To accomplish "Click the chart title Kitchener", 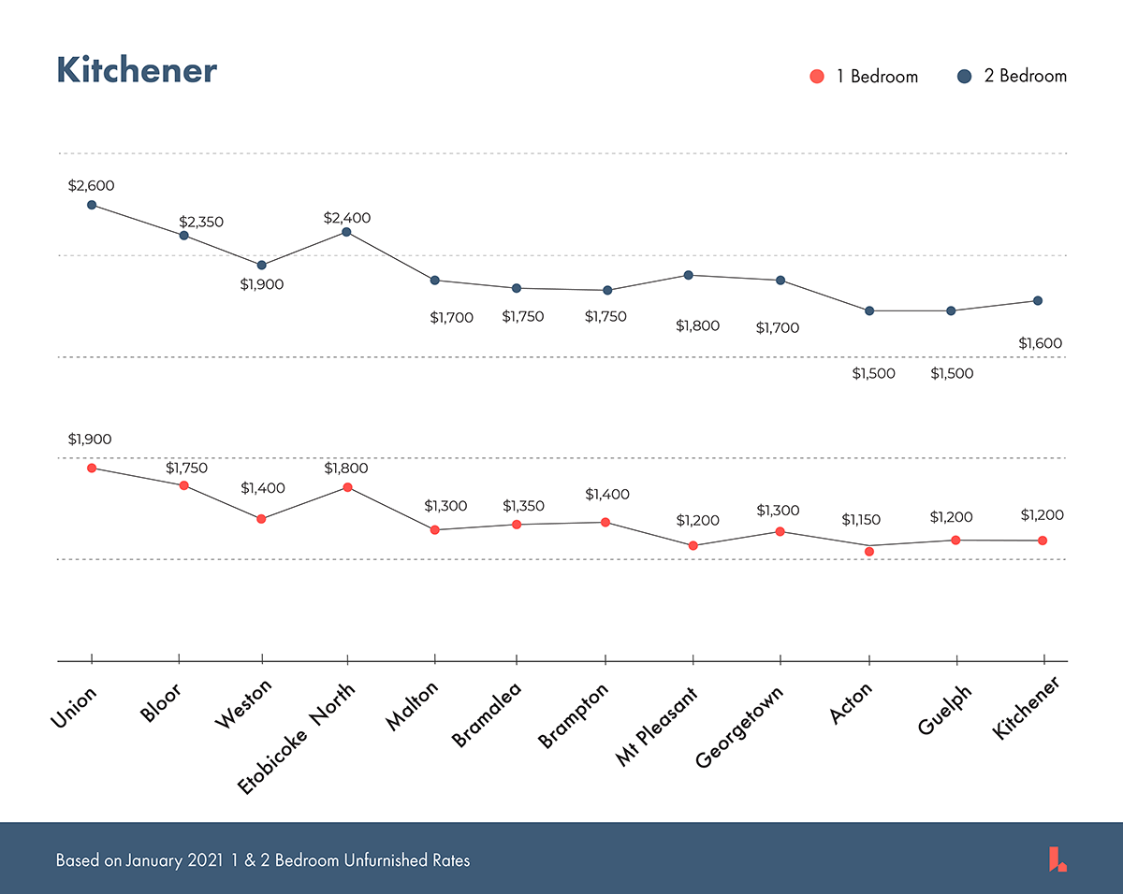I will pyautogui.click(x=137, y=71).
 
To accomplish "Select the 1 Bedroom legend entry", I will pyautogui.click(x=864, y=77).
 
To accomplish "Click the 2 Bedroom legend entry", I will pyautogui.click(x=1012, y=77).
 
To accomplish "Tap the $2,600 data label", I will pyautogui.click(x=91, y=186).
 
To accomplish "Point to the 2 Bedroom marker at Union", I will pyautogui.click(x=92, y=205).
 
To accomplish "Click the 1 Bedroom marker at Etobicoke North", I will pyautogui.click(x=347, y=487).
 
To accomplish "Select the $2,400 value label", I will pyautogui.click(x=347, y=218).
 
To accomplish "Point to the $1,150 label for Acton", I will pyautogui.click(x=862, y=520).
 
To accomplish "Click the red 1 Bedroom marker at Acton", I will pyautogui.click(x=869, y=552).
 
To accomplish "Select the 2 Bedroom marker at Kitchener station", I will pyautogui.click(x=1038, y=300).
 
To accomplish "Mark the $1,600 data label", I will pyautogui.click(x=1041, y=343).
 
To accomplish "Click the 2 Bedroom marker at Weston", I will pyautogui.click(x=262, y=266).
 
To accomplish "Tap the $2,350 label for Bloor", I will pyautogui.click(x=201, y=223).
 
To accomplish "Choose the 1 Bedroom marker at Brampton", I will pyautogui.click(x=605, y=522).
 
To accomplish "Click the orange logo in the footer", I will pyautogui.click(x=1057, y=858).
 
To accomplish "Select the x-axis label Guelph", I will pyautogui.click(x=945, y=712).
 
